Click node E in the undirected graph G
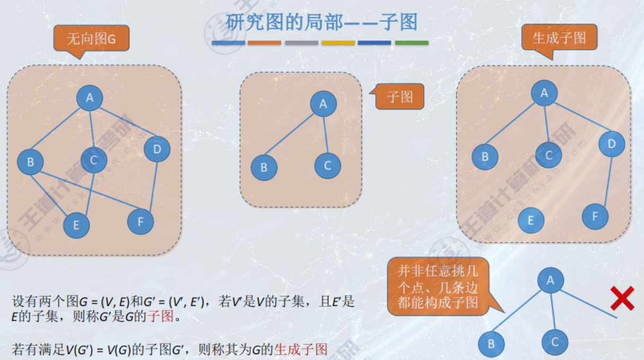click(76, 225)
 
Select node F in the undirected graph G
click(140, 222)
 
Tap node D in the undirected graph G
click(157, 150)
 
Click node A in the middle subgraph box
click(323, 104)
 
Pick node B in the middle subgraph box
click(264, 168)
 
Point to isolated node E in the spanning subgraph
click(531, 221)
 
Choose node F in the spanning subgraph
click(595, 216)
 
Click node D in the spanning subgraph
click(612, 144)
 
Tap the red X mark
click(622, 298)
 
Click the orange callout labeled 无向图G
click(91, 39)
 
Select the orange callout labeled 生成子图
click(559, 38)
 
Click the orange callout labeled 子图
click(400, 96)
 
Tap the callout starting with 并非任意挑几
click(438, 287)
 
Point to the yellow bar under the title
click(338, 42)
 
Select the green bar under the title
click(411, 42)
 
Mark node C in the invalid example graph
click(554, 341)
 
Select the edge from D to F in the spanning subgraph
click(604, 180)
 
